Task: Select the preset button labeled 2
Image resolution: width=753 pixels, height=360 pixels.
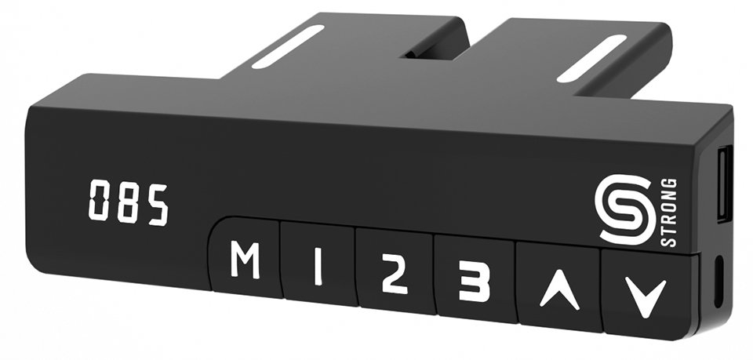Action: [x=395, y=271]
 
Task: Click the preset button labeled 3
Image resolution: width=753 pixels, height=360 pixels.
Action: [x=475, y=279]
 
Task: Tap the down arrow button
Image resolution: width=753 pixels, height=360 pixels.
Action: [x=649, y=293]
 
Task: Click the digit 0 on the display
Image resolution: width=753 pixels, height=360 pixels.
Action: [x=99, y=200]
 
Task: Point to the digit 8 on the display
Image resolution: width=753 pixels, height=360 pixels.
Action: [x=128, y=202]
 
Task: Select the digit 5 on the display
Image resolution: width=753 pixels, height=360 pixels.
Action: [x=158, y=205]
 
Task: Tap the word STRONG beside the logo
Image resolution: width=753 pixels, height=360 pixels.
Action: [x=669, y=213]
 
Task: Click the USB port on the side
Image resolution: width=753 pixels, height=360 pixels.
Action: [x=723, y=184]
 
